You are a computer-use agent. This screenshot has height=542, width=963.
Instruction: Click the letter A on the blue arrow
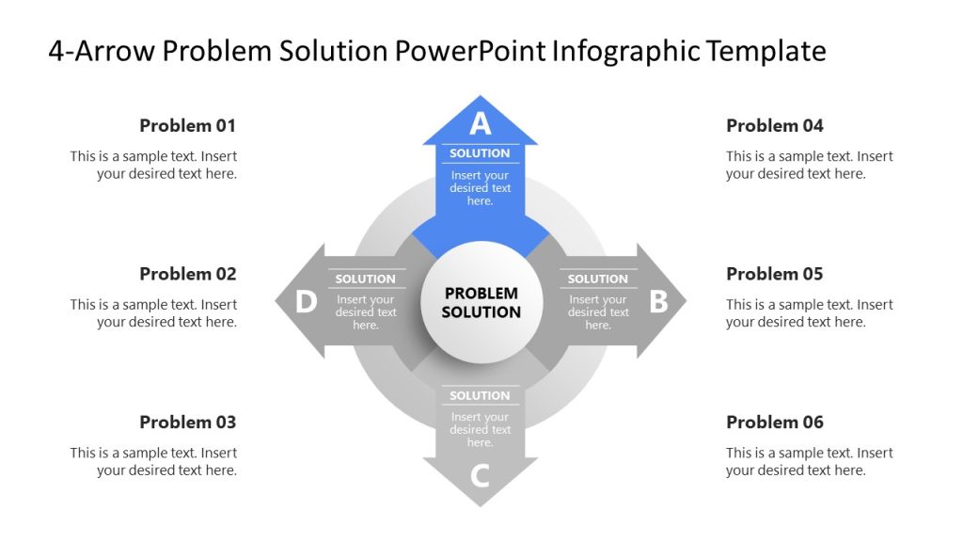tap(481, 123)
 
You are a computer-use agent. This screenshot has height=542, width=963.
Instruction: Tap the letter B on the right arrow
tap(658, 301)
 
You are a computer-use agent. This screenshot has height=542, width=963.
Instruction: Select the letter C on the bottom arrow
tap(480, 476)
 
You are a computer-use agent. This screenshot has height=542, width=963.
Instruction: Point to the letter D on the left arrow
tap(306, 301)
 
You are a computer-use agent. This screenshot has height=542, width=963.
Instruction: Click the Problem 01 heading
tap(188, 125)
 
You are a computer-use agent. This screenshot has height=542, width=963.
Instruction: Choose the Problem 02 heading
tap(188, 274)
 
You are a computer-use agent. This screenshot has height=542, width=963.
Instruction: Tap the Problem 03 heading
tap(188, 422)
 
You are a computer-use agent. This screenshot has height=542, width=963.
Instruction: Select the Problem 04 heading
tap(775, 125)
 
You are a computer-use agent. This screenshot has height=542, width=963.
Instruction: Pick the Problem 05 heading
tap(775, 274)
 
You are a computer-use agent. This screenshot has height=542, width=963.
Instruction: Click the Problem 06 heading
tap(775, 422)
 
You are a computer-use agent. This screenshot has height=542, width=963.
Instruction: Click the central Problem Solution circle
tap(481, 302)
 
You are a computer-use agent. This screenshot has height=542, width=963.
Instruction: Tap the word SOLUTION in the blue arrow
tap(480, 153)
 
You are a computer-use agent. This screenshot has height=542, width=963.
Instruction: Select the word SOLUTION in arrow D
tap(365, 279)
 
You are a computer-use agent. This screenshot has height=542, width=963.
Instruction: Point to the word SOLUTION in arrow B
tap(597, 279)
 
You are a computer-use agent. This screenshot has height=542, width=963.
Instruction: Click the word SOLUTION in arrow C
tap(480, 395)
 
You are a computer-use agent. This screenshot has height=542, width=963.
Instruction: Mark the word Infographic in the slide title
tap(624, 51)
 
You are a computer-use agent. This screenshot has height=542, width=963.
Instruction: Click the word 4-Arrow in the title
tap(101, 51)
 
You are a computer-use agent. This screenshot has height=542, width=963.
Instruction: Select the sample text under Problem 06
tap(809, 461)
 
